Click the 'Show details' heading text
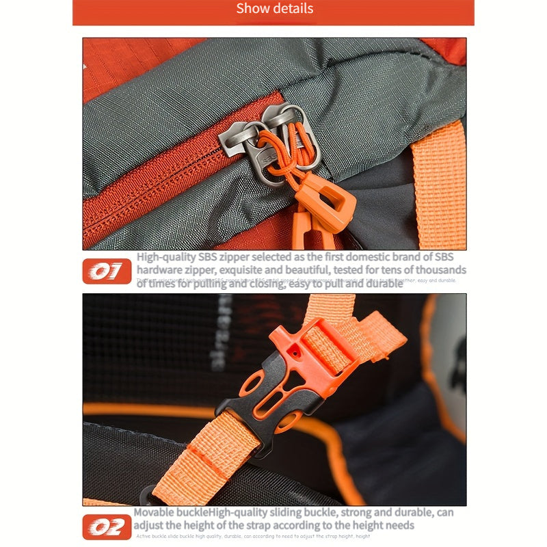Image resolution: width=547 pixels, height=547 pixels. coord(274,9)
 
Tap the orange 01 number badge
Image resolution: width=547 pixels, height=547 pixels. coord(107,272)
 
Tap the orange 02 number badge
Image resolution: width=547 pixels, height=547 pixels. coord(107,527)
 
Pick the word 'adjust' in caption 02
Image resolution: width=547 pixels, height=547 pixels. coord(150,525)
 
